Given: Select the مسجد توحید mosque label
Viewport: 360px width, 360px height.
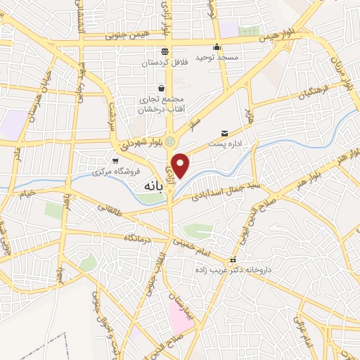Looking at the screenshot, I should pos(217,56).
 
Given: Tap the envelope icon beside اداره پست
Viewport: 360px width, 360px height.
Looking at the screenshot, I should pos(225,133).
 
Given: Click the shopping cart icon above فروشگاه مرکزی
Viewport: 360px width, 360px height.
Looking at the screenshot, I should pos(115,161).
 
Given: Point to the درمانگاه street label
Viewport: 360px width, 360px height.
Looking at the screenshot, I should pos(139,236).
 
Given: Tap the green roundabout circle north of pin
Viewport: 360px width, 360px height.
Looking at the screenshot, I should pos(170,141).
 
